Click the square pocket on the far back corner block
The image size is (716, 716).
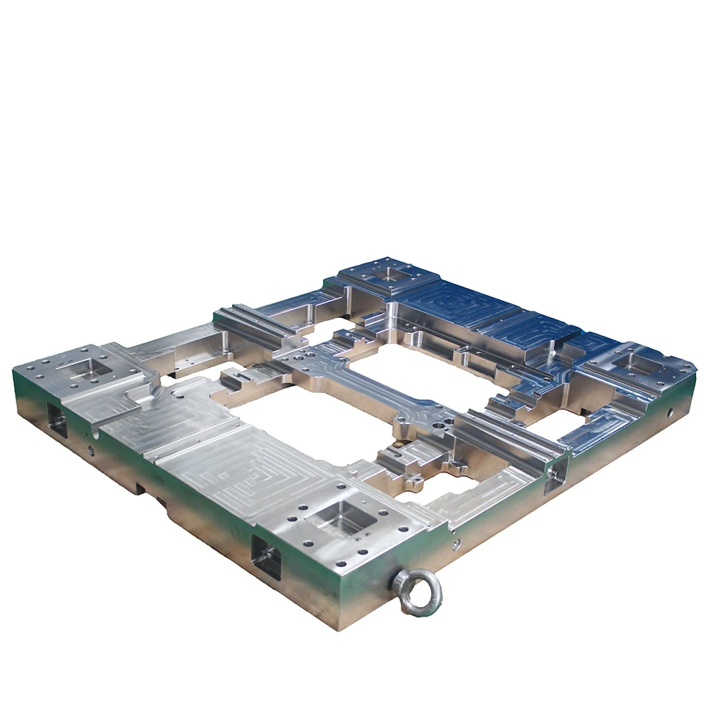point(387,271)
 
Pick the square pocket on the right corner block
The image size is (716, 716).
point(636,362)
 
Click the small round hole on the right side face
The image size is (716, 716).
point(669,413)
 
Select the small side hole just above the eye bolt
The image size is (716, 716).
point(456,544)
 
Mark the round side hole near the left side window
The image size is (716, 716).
point(90,451)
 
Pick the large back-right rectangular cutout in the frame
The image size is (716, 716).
point(422,372)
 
